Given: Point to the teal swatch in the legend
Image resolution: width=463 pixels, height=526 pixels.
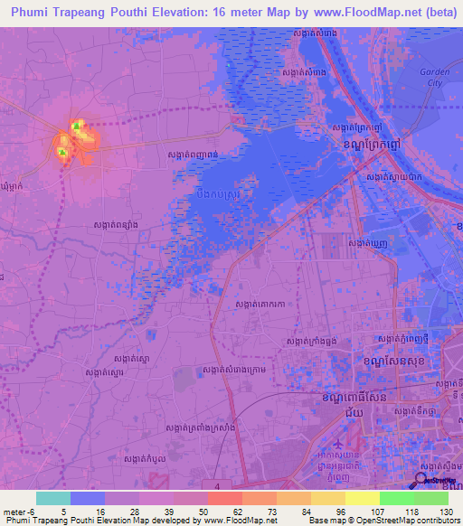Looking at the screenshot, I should tap(53, 498).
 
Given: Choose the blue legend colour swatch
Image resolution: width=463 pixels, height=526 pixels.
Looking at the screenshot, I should tap(88, 498).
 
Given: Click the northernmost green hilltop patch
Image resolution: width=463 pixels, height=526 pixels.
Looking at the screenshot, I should tap(78, 126).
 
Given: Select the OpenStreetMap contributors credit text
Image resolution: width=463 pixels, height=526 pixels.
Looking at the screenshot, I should tap(398, 521).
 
